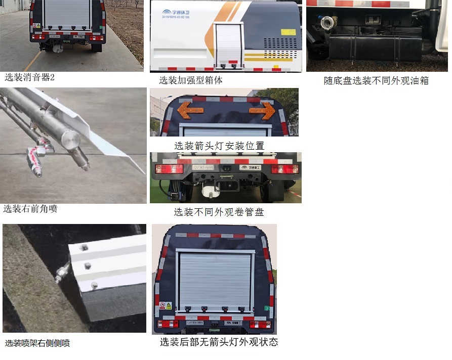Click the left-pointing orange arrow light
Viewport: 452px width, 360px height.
click(x=190, y=109)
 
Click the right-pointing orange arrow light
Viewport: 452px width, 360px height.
click(x=262, y=110)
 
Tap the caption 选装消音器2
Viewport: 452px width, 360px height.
click(x=29, y=77)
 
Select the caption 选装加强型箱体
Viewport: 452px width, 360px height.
click(x=191, y=80)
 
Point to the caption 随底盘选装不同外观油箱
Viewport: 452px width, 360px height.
click(x=376, y=80)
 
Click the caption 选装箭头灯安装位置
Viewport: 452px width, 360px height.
click(x=219, y=146)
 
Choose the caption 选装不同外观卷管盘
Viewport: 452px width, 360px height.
click(x=219, y=212)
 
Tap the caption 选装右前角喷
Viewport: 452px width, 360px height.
click(x=30, y=208)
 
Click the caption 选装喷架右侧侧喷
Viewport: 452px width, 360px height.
click(x=37, y=343)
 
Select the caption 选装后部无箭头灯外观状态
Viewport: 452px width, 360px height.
click(x=219, y=342)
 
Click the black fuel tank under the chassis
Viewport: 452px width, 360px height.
click(x=375, y=48)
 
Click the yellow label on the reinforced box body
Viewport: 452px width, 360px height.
click(x=289, y=32)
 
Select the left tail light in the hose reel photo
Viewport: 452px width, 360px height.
click(x=169, y=169)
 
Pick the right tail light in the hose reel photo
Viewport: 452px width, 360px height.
click(x=284, y=169)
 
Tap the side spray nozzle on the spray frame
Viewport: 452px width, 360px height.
click(x=63, y=273)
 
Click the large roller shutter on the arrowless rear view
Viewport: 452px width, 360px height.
click(x=215, y=281)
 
